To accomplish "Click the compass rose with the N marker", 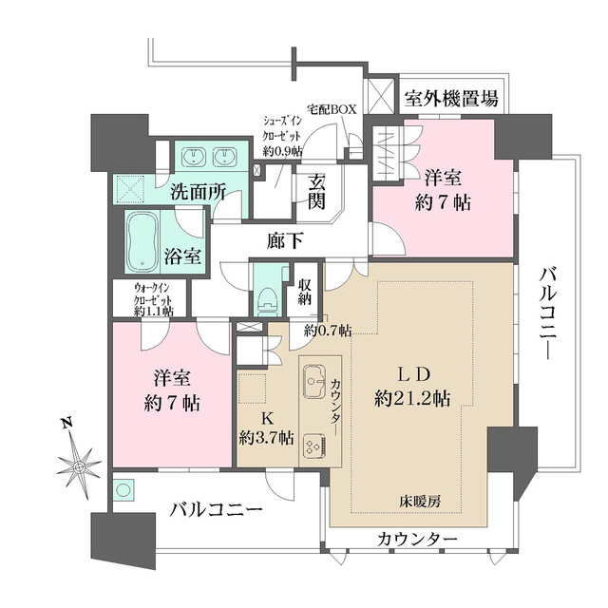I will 79,465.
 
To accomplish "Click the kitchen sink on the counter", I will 314,383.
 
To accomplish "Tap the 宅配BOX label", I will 331,109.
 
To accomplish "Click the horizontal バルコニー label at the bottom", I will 217,511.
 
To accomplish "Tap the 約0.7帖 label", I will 328,331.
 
